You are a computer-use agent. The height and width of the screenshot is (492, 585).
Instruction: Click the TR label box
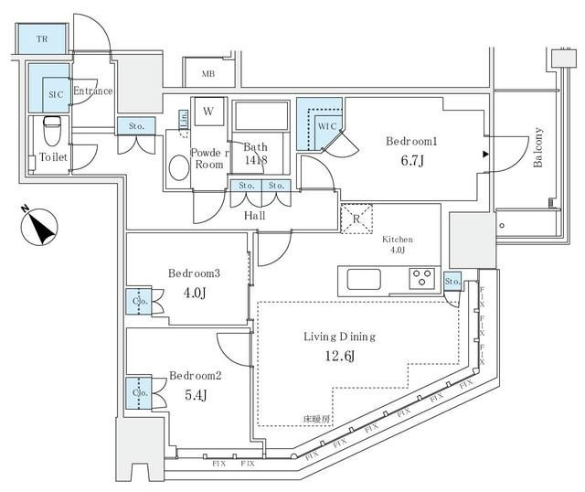[x=42, y=39]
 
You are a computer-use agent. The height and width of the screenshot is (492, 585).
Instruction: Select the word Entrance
[x=92, y=91]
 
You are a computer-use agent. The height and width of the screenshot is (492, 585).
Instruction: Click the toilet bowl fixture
[x=52, y=129]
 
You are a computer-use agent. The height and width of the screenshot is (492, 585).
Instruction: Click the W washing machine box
[x=208, y=112]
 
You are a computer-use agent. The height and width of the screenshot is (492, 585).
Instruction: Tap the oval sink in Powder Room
[x=178, y=169]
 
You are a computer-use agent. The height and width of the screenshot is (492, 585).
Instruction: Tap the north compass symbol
[x=38, y=224]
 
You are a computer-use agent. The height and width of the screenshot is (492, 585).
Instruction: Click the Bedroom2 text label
[x=194, y=375]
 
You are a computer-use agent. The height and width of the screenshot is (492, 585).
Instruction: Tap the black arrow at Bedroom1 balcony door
[x=484, y=153]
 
